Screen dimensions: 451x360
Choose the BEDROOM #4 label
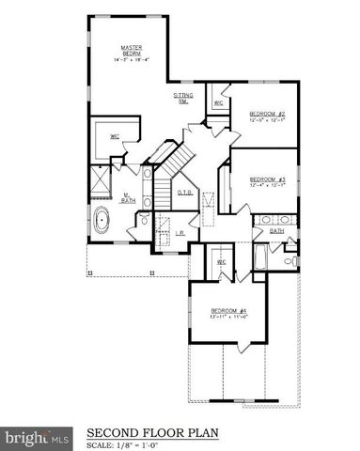(x=228, y=311)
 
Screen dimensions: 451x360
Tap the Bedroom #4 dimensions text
(x=228, y=318)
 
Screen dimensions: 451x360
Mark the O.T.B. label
(x=186, y=194)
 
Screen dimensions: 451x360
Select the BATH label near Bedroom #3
(x=277, y=230)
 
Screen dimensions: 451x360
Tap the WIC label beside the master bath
(x=115, y=137)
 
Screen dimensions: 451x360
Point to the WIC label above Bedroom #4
(x=223, y=262)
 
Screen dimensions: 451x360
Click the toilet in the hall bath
(x=290, y=259)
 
